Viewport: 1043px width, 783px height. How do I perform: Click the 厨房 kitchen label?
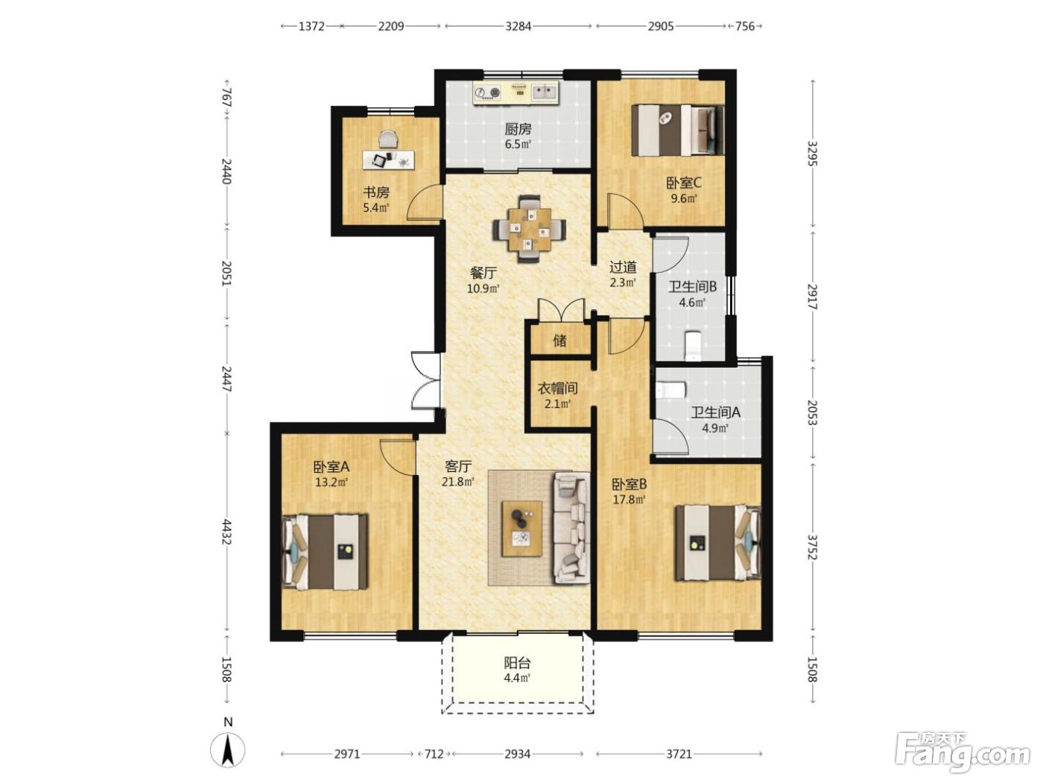(518, 129)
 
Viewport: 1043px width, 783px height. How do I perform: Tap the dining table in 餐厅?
(529, 229)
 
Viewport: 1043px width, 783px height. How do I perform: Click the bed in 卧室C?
(678, 130)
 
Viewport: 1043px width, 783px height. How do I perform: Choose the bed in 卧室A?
(325, 552)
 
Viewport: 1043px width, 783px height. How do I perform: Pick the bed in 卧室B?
(718, 543)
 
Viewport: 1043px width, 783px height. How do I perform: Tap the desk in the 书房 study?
(388, 160)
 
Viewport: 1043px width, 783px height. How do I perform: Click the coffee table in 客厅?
(522, 528)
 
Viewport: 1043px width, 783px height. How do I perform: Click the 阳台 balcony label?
(517, 663)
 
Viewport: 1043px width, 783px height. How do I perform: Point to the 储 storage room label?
(559, 340)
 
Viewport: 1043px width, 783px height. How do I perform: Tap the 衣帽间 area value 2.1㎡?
(557, 405)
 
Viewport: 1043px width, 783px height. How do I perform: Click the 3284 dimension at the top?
(518, 26)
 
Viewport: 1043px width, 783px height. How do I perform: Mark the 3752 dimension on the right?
(813, 547)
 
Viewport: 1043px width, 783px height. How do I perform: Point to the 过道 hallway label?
(623, 267)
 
